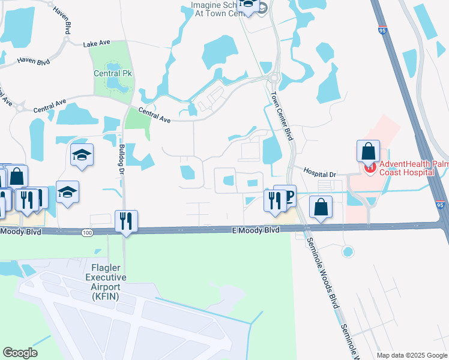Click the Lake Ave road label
98,44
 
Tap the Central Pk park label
112,74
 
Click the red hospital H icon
369,167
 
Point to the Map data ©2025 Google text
412,355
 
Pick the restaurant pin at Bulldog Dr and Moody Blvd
126,221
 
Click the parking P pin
288,197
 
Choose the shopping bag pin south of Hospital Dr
321,207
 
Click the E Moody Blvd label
256,230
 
